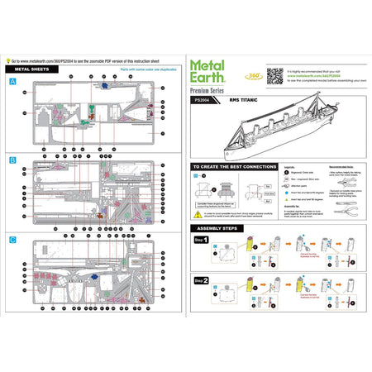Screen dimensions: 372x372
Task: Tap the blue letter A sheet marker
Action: point(12,82)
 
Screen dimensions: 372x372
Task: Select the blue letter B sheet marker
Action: point(12,158)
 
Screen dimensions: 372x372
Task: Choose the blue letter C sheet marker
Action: point(12,239)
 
